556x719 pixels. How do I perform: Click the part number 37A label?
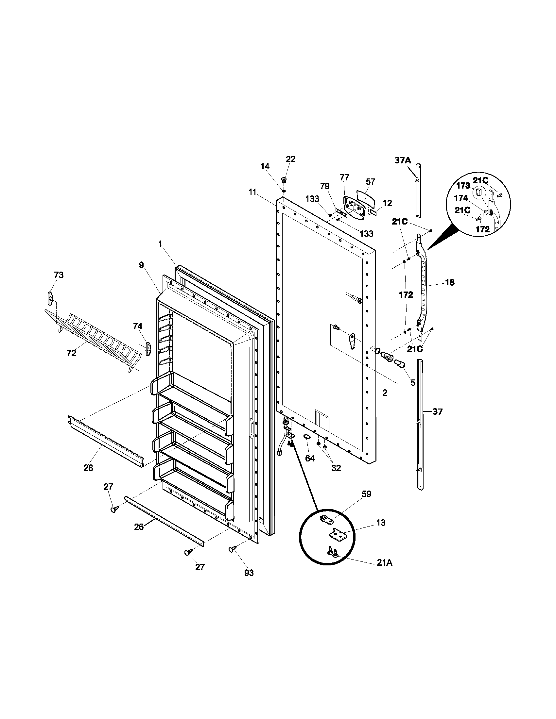click(x=403, y=160)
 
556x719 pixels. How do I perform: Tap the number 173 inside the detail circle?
click(x=463, y=186)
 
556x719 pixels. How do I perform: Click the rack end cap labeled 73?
click(x=50, y=298)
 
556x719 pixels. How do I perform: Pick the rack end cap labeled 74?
click(x=148, y=349)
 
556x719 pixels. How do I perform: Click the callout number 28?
click(x=88, y=467)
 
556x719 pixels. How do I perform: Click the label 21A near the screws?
click(x=384, y=563)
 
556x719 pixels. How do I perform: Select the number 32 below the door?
click(x=336, y=467)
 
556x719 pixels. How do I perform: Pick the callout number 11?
click(x=252, y=192)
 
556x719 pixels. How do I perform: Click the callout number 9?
click(x=141, y=265)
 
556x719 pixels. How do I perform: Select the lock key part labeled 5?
click(x=399, y=363)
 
